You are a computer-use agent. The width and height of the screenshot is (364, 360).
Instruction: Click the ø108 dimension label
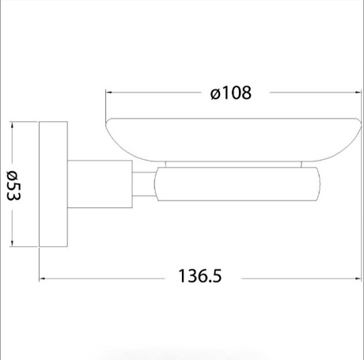[231, 93]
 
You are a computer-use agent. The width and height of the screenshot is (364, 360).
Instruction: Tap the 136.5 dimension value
[200, 276]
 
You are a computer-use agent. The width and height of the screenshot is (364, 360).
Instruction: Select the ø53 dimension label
[13, 185]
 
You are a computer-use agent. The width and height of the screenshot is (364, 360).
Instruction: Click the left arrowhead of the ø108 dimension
[109, 93]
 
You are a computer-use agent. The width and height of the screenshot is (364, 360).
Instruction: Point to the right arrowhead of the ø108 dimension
[358, 93]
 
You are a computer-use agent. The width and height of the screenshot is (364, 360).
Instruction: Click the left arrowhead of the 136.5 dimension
[43, 279]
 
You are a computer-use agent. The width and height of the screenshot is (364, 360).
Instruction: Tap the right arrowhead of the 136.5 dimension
[358, 279]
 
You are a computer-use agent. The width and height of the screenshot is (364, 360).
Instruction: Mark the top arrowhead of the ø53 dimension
[12, 126]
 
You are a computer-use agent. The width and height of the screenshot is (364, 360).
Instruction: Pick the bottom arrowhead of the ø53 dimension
[12, 243]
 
